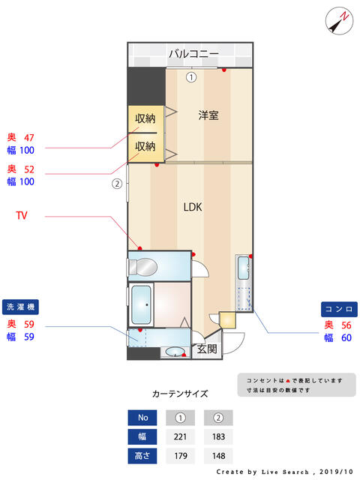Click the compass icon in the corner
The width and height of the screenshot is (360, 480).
tap(339, 20)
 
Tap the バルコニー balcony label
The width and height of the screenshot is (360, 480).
tap(193, 54)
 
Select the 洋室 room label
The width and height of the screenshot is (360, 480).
tap(208, 115)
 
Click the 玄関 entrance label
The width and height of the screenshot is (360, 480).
tap(206, 349)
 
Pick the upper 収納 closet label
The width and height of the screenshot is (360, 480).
tap(145, 118)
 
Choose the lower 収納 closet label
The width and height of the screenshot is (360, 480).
tap(145, 146)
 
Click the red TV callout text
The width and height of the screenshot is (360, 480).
tap(23, 215)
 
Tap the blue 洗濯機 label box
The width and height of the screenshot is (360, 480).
tap(21, 307)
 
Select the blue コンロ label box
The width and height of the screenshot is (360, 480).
tap(339, 309)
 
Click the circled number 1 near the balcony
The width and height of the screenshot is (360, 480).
tap(190, 76)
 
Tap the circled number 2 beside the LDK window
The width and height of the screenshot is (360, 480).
tap(116, 183)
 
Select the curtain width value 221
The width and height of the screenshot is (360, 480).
tap(180, 436)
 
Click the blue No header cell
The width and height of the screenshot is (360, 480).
tap(142, 418)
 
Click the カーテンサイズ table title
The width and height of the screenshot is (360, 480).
tap(180, 393)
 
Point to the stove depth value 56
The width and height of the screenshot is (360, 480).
tap(346, 325)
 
